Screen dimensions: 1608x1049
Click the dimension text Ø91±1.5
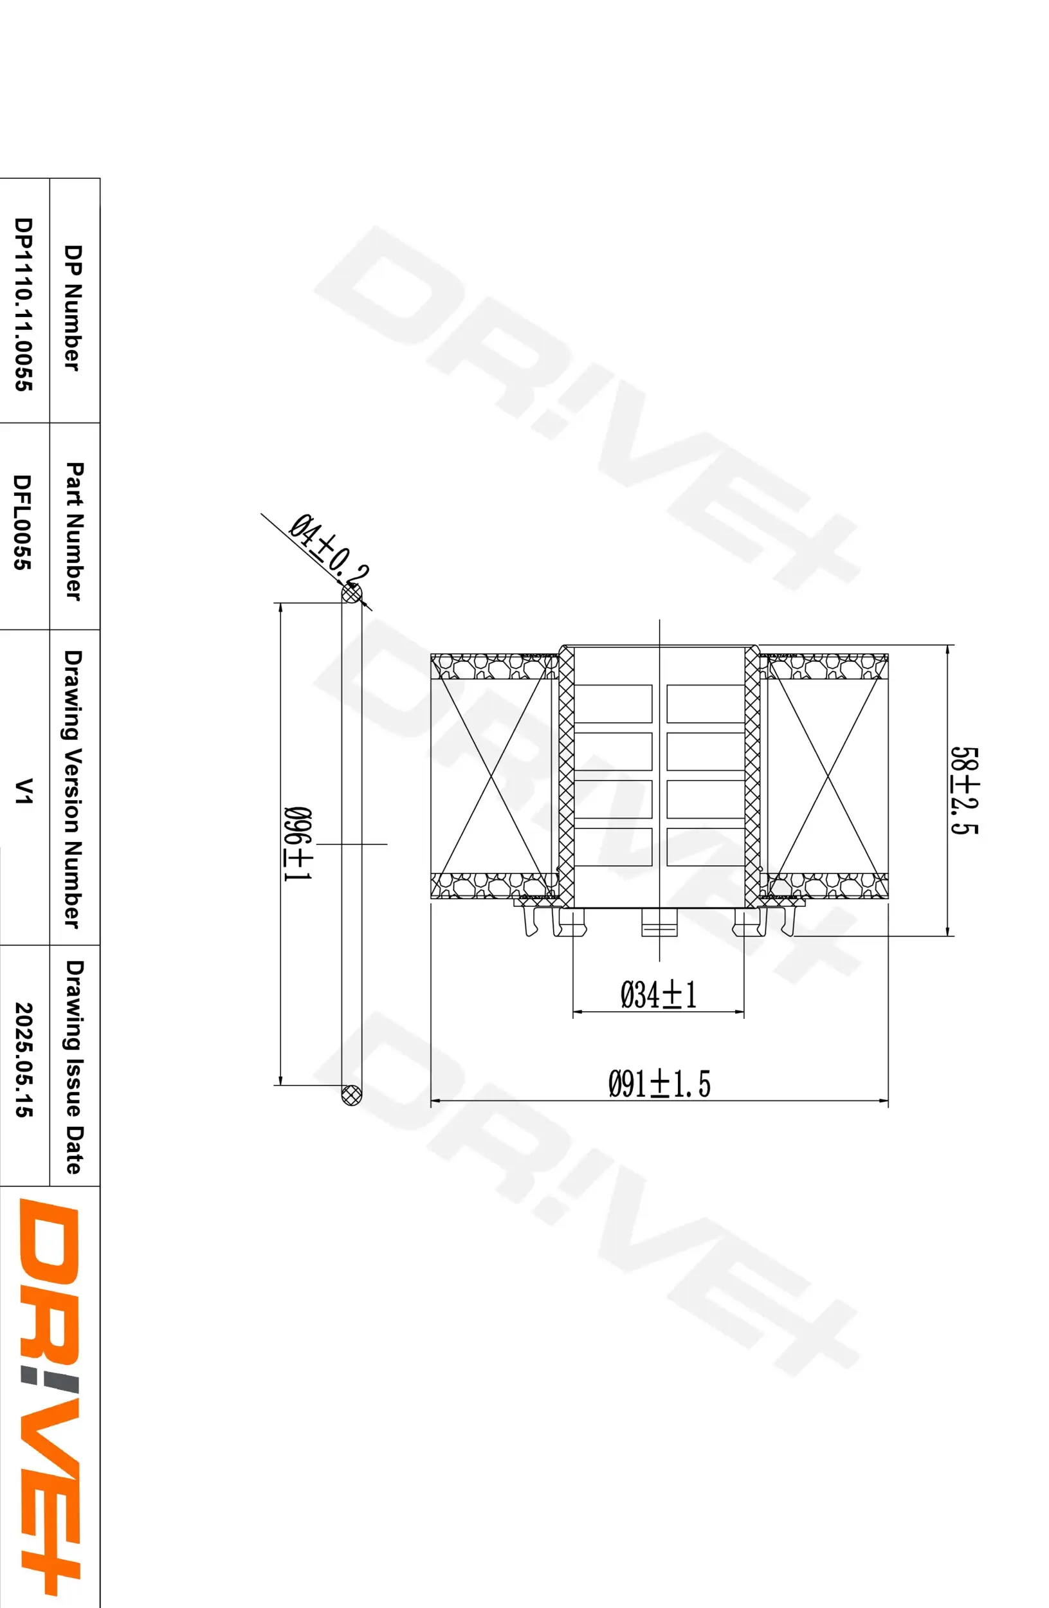pos(659,1083)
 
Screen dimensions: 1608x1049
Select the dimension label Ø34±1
pos(658,994)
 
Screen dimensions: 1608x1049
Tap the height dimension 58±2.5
pos(964,790)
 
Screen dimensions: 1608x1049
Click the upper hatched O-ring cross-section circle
pos(351,594)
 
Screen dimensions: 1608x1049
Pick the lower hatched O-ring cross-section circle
pos(351,1095)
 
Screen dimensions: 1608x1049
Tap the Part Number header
pos(75,531)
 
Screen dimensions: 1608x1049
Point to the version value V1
pos(24,790)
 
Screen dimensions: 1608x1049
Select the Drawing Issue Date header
pos(75,1066)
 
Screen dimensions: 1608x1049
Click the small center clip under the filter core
pos(659,922)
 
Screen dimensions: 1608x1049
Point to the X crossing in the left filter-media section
pos(493,776)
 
